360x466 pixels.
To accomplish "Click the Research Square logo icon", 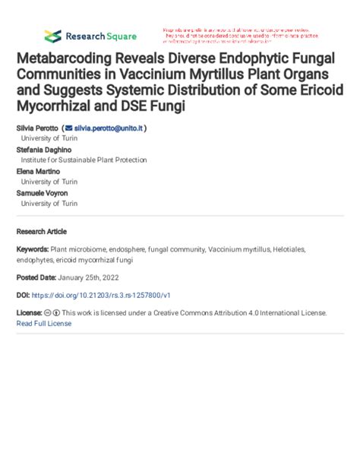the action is coord(52,36).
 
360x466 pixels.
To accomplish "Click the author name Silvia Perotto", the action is coord(36,128).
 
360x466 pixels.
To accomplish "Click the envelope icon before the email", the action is coord(69,128).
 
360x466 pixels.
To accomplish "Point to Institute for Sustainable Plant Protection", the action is coord(84,160).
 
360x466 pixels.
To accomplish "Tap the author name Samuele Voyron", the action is coord(43,193).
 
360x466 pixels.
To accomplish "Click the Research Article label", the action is coord(41,231).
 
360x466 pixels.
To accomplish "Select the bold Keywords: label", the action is coord(33,249).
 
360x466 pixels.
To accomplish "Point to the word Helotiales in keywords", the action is coord(308,249).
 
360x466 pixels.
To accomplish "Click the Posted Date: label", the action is coord(37,277).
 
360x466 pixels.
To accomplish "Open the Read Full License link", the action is coord(44,323).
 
